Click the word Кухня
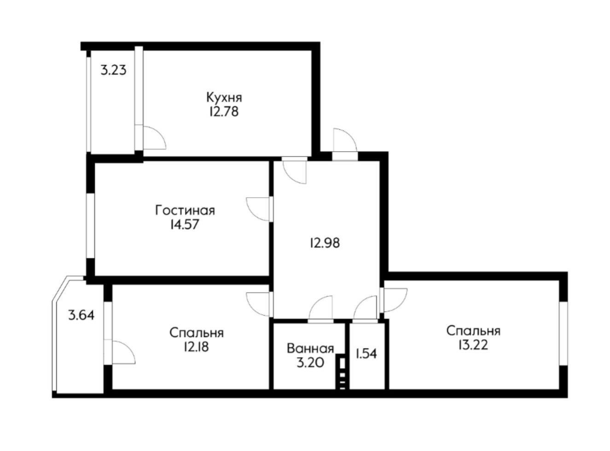[224, 97]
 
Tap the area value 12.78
[224, 111]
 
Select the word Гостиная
[185, 211]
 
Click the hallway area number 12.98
[325, 243]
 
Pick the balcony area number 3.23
[113, 71]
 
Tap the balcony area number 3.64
[81, 315]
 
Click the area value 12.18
[196, 346]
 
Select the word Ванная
[310, 348]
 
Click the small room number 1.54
[366, 354]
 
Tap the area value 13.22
[473, 344]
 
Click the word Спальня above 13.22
[473, 331]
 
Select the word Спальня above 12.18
[196, 332]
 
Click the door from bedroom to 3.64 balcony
[122, 352]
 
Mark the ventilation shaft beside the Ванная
[341, 372]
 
